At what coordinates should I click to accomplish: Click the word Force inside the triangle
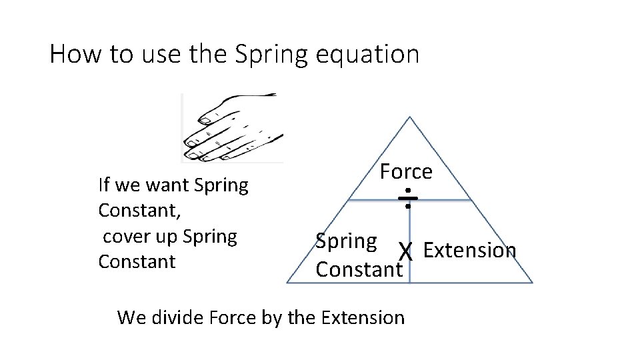pyautogui.click(x=406, y=172)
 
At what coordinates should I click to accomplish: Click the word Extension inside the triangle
pyautogui.click(x=469, y=250)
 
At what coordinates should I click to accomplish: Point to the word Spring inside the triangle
pyautogui.click(x=346, y=241)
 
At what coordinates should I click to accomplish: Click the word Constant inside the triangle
pyautogui.click(x=359, y=269)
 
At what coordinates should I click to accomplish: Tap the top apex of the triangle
pyautogui.click(x=410, y=117)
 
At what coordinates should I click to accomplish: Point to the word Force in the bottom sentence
pyautogui.click(x=233, y=317)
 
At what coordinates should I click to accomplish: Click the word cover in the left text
pyautogui.click(x=125, y=236)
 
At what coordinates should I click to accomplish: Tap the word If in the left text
pyautogui.click(x=103, y=184)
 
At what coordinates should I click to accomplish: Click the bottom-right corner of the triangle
pyautogui.click(x=532, y=283)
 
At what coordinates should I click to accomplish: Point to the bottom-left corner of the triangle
pyautogui.click(x=287, y=283)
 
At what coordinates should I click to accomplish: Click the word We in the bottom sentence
pyautogui.click(x=130, y=317)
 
